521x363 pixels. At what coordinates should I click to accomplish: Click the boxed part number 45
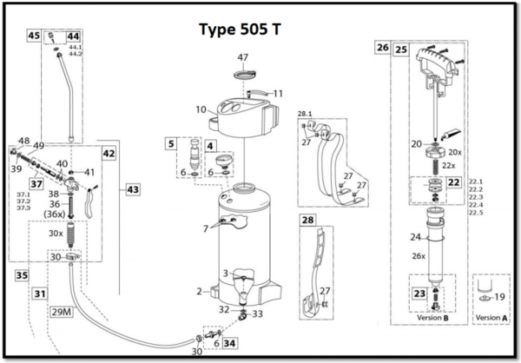coord(34,36)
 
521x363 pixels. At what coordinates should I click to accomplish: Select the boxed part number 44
coord(73,36)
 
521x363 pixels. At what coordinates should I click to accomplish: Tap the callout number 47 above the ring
coord(243,56)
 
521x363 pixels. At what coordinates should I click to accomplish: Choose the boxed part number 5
coord(172,143)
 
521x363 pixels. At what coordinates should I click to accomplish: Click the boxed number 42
coord(109,153)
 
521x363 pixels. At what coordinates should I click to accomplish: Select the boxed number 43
coord(132,188)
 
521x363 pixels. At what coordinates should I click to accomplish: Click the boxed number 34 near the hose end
coord(229,344)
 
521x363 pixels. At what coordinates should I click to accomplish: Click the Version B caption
coord(432,318)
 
